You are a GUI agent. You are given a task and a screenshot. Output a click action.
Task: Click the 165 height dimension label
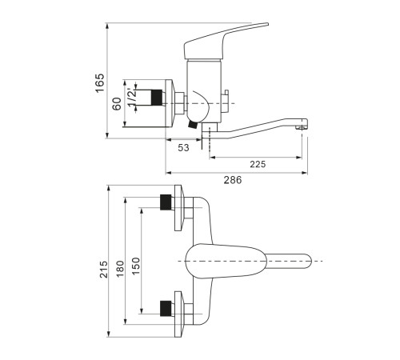tap(100, 83)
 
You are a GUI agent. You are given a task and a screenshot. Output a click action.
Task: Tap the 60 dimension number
tap(117, 104)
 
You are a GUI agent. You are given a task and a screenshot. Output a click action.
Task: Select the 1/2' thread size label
tap(132, 98)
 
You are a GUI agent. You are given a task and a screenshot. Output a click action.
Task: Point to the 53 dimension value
tap(183, 147)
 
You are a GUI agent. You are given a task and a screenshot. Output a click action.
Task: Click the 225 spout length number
tap(258, 164)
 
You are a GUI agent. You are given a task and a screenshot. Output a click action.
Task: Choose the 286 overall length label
tap(233, 180)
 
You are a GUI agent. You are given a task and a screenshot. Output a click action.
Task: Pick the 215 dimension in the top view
tap(104, 270)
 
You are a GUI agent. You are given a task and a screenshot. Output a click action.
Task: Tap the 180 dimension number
tap(120, 269)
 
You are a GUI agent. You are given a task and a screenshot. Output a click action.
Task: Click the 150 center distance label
tap(135, 266)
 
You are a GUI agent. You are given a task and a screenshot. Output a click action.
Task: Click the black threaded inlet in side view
tap(157, 98)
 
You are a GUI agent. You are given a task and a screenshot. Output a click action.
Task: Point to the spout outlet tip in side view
tap(302, 125)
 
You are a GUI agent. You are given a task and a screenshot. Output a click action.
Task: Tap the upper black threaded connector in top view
tap(166, 202)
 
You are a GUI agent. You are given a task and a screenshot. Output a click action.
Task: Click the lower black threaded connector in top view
tap(166, 308)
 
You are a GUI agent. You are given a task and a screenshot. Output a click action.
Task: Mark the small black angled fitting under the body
tap(192, 124)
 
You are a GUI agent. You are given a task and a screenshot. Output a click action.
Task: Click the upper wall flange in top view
tap(179, 208)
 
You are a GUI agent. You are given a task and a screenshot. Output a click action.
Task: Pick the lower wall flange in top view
tap(179, 314)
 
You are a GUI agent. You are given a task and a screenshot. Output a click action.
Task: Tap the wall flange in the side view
tap(170, 103)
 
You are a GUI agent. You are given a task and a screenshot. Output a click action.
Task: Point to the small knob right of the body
tap(226, 102)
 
